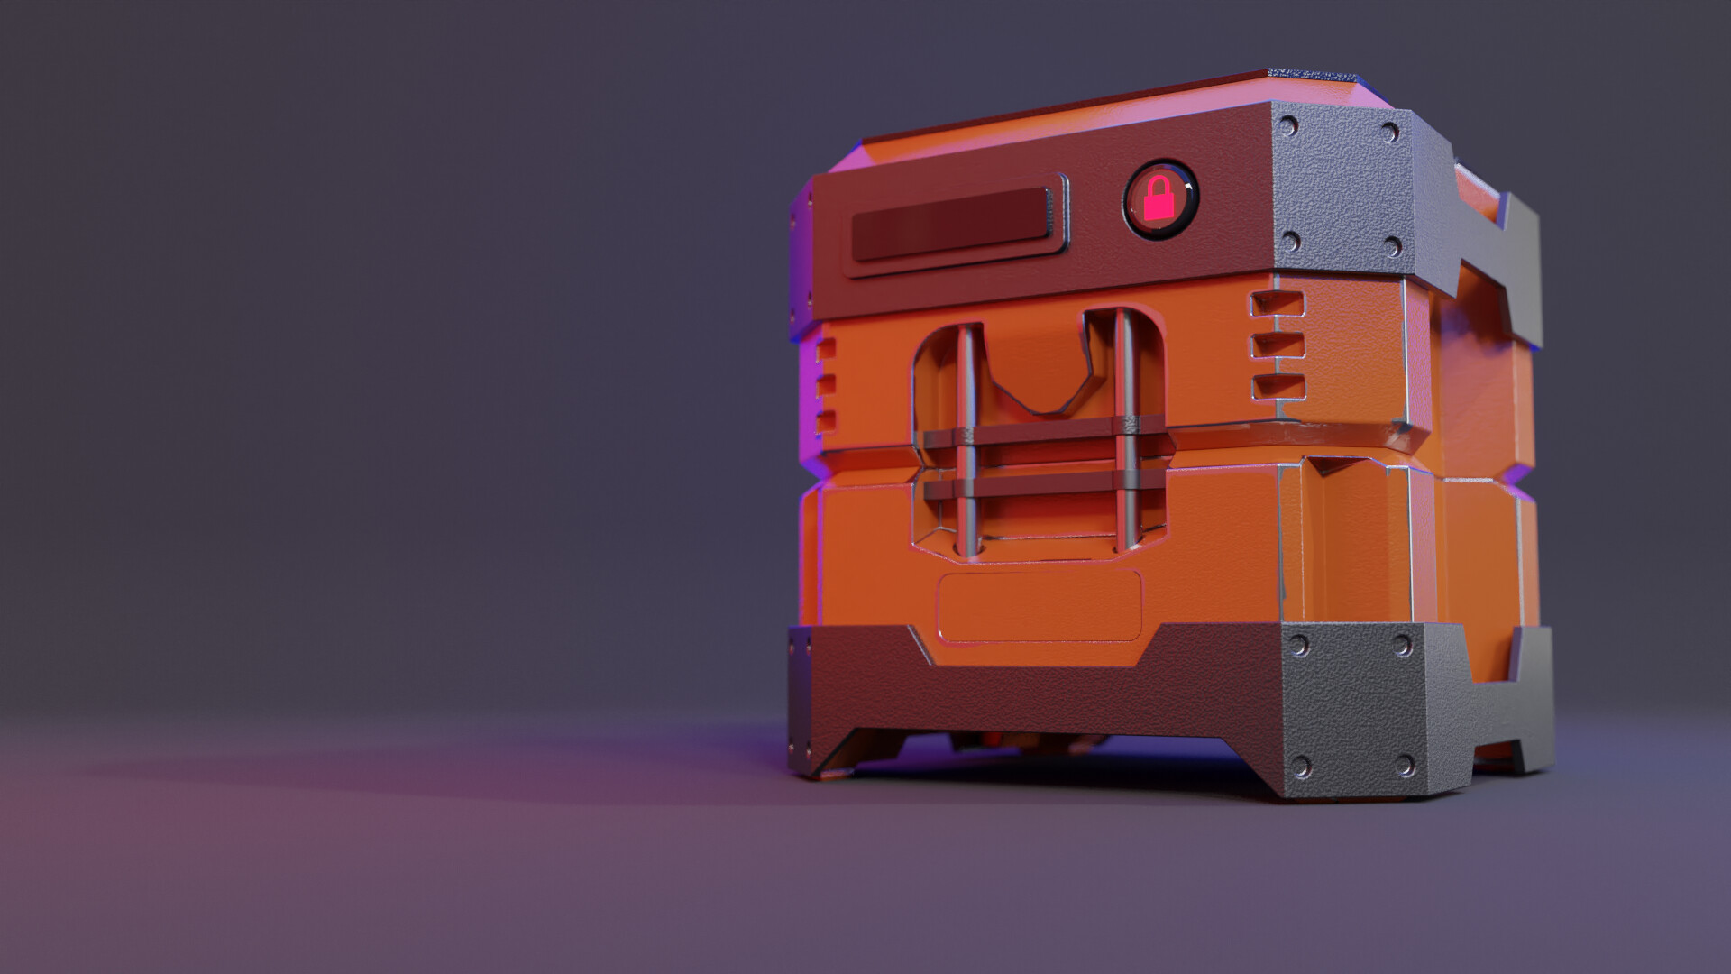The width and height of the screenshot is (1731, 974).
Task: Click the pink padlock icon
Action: coord(1159,202)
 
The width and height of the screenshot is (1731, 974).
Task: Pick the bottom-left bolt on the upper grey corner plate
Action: coord(1291,241)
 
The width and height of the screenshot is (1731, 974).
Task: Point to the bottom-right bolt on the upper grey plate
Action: coord(1392,246)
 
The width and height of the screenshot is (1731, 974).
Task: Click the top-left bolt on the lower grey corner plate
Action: coord(1300,646)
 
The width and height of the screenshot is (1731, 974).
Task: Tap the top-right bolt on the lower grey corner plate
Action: coord(1402,646)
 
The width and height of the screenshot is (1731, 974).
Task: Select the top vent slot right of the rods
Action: coord(1278,305)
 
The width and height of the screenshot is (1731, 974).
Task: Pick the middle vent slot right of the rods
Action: coord(1278,345)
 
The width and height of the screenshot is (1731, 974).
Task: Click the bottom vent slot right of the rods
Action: coord(1278,387)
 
